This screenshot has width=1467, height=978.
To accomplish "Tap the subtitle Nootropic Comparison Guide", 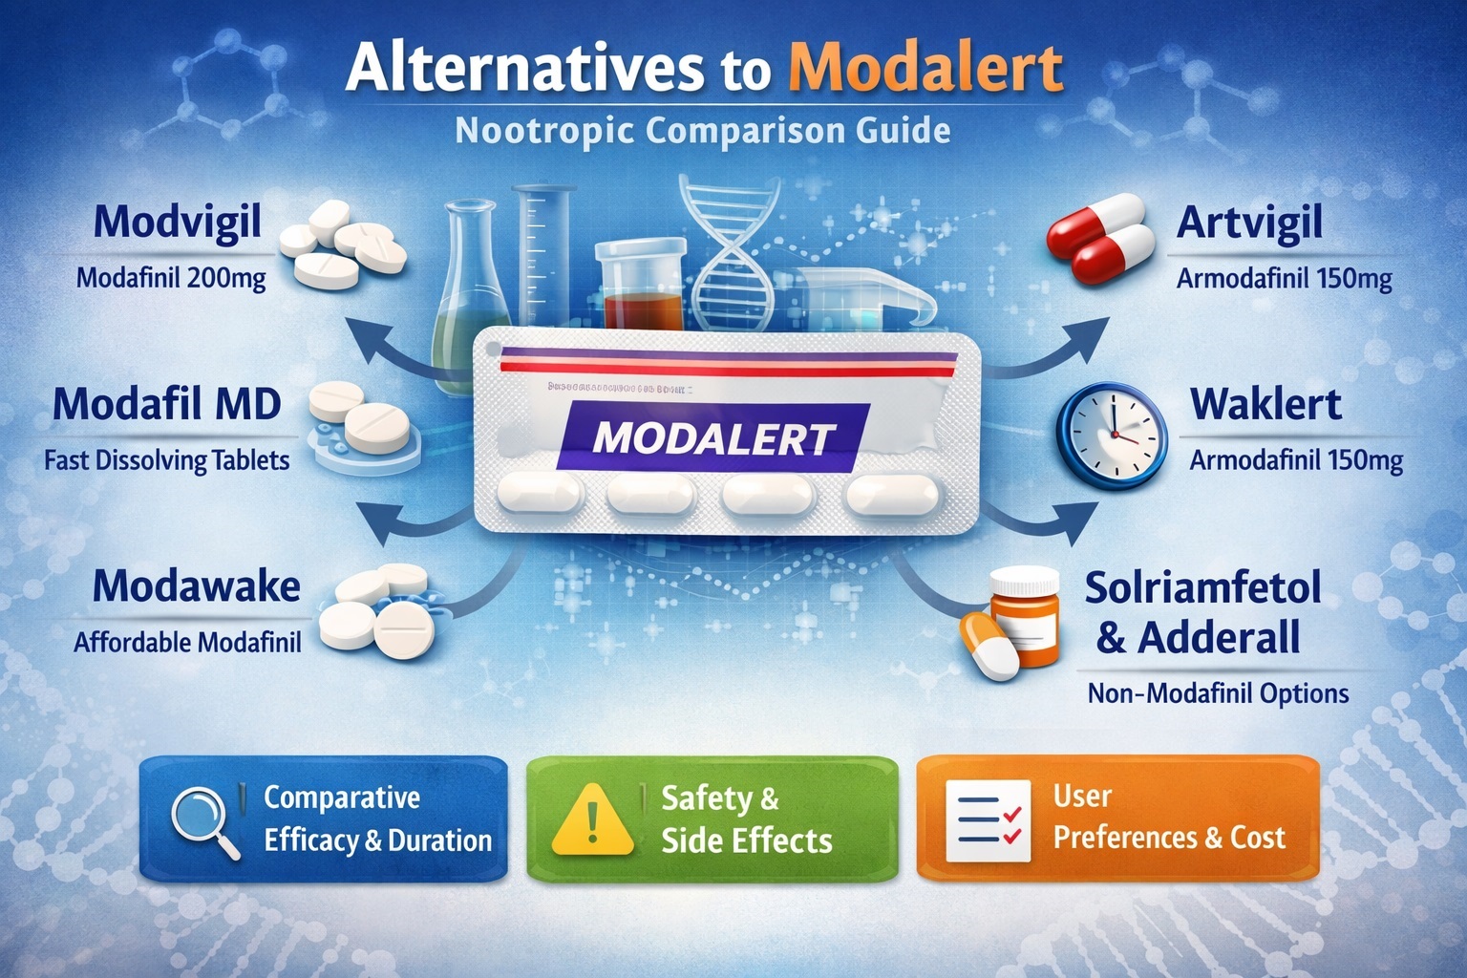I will click(703, 130).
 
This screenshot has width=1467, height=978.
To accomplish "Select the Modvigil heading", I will click(178, 223).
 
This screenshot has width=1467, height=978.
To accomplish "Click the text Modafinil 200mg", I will click(171, 279).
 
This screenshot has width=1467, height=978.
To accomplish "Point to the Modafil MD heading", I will click(167, 404).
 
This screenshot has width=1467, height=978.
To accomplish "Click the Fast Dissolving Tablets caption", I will click(167, 460).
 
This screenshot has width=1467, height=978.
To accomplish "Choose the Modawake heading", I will click(197, 586).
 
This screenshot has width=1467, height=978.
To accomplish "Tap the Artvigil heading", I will click(1249, 223).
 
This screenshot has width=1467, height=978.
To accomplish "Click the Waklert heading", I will click(1265, 404).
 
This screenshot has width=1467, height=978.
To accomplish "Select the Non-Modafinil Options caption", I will click(1218, 693).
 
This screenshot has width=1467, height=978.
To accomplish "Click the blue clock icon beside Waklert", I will click(1112, 432).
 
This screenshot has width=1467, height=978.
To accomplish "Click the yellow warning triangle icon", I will click(592, 819).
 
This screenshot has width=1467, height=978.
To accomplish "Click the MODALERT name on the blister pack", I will click(713, 438).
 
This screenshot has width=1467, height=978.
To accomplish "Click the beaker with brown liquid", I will click(641, 287).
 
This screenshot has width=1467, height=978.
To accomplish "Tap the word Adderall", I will click(1219, 637).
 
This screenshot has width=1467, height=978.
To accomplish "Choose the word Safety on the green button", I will click(707, 797).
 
